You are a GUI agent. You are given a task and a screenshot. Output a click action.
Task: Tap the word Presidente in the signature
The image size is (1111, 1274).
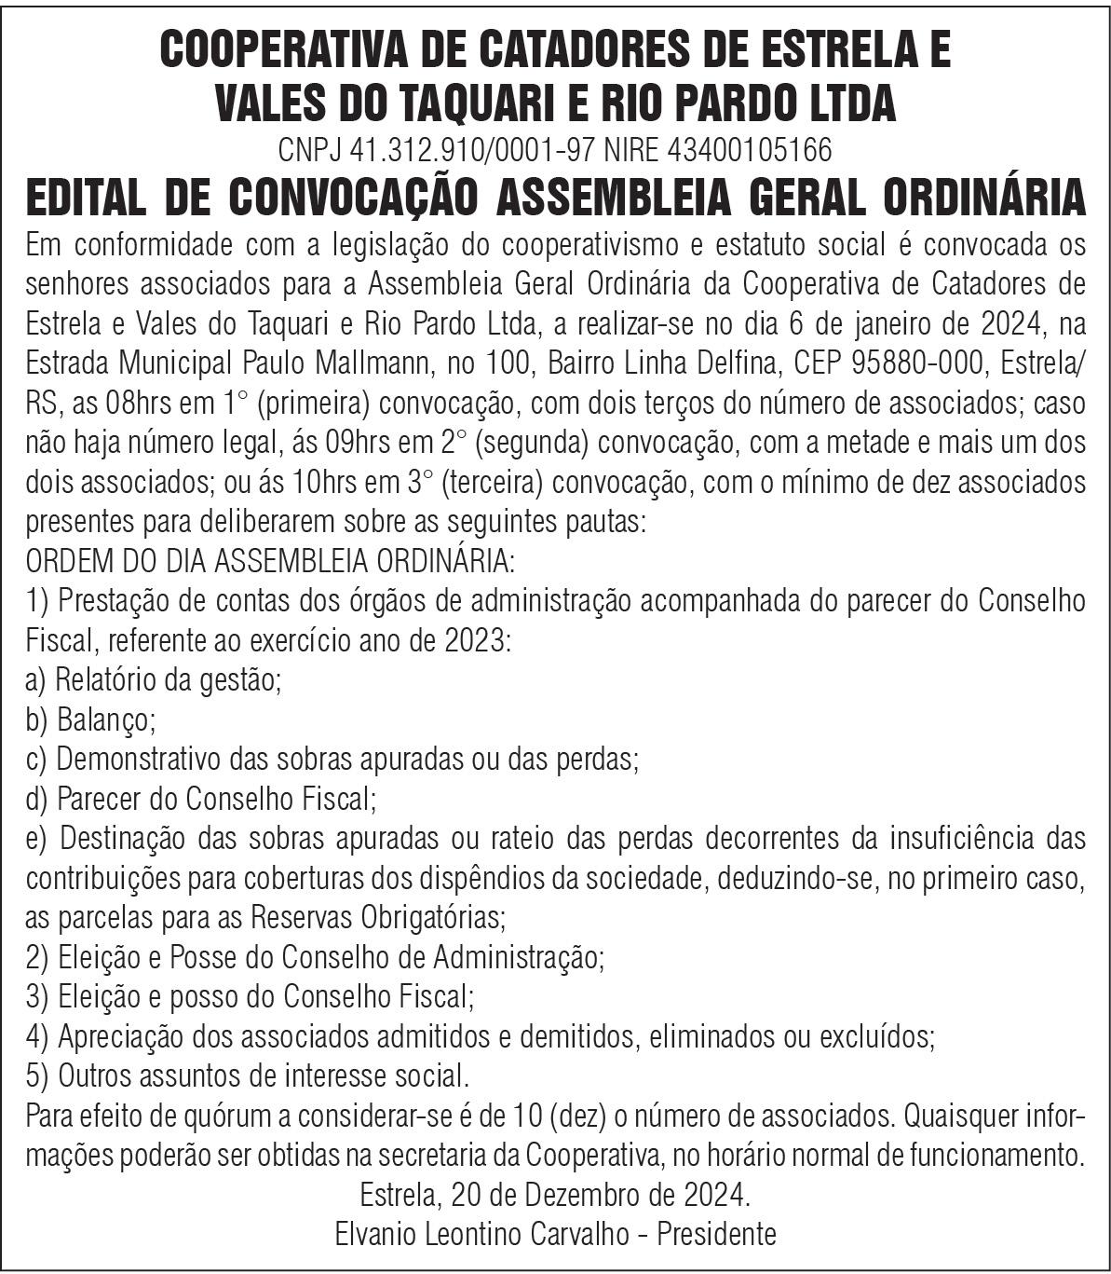(x=717, y=1234)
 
